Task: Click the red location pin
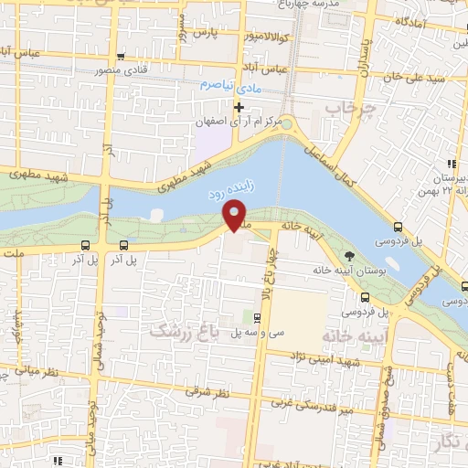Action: click(235, 215)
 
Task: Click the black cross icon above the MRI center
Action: click(239, 107)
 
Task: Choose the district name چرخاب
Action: click(338, 109)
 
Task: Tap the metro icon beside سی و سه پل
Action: click(256, 318)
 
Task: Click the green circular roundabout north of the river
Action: click(286, 124)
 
